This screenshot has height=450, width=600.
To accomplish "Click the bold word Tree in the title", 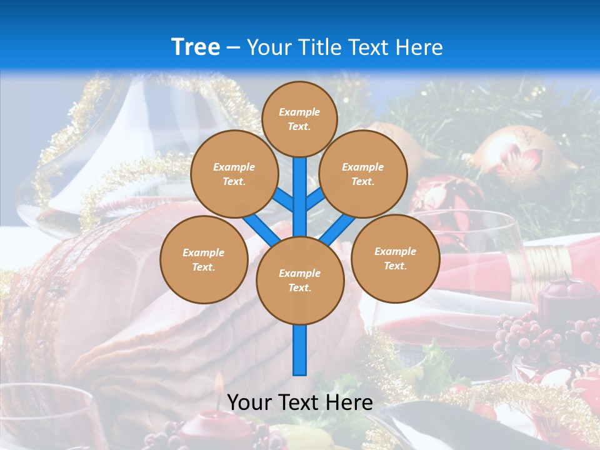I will [196, 47].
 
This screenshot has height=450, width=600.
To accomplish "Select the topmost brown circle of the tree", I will [299, 119].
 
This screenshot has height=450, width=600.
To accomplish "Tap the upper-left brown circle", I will [234, 174].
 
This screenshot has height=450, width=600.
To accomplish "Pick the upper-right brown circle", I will [363, 174].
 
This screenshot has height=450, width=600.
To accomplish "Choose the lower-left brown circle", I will [204, 259].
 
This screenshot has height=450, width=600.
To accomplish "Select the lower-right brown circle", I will [396, 258].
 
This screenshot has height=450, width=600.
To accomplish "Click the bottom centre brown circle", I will [300, 280].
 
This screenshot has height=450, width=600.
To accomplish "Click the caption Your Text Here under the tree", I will [300, 402].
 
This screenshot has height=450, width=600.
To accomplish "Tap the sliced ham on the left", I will [94, 300].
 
